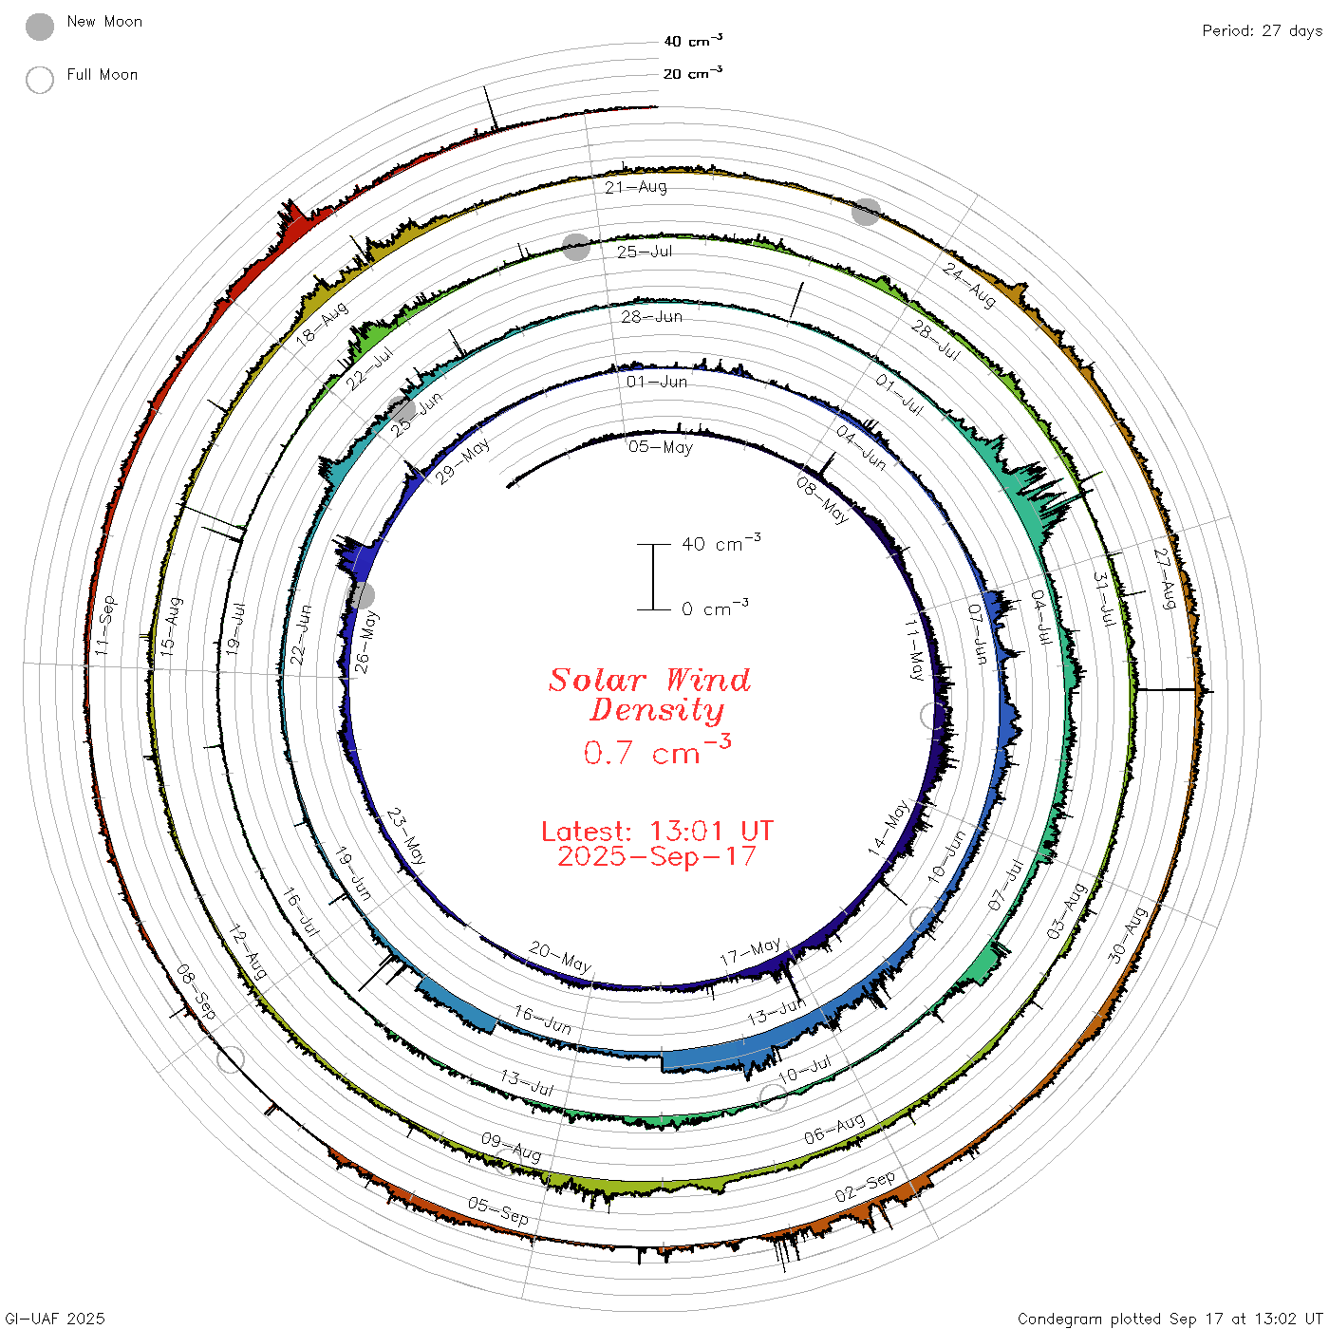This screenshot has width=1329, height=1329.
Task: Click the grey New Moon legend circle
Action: (x=39, y=27)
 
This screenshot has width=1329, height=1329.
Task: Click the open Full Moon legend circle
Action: (x=39, y=80)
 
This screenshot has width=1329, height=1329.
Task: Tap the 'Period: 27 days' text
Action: (x=1262, y=31)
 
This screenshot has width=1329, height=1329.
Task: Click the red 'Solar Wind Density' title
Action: (x=649, y=695)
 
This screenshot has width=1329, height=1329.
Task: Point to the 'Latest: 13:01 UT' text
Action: (x=657, y=831)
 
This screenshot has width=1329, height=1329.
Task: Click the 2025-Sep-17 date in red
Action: (x=657, y=856)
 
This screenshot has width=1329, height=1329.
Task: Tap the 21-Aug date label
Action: (x=636, y=187)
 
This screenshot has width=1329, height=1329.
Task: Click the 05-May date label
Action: (x=661, y=447)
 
